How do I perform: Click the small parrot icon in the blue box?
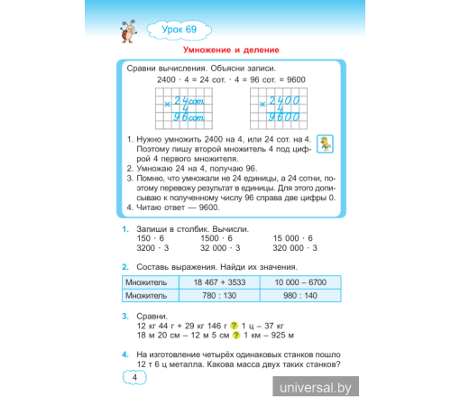[x=327, y=143]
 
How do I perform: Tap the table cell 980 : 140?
[x=297, y=295]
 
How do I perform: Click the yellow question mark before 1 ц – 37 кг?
[x=234, y=326]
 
